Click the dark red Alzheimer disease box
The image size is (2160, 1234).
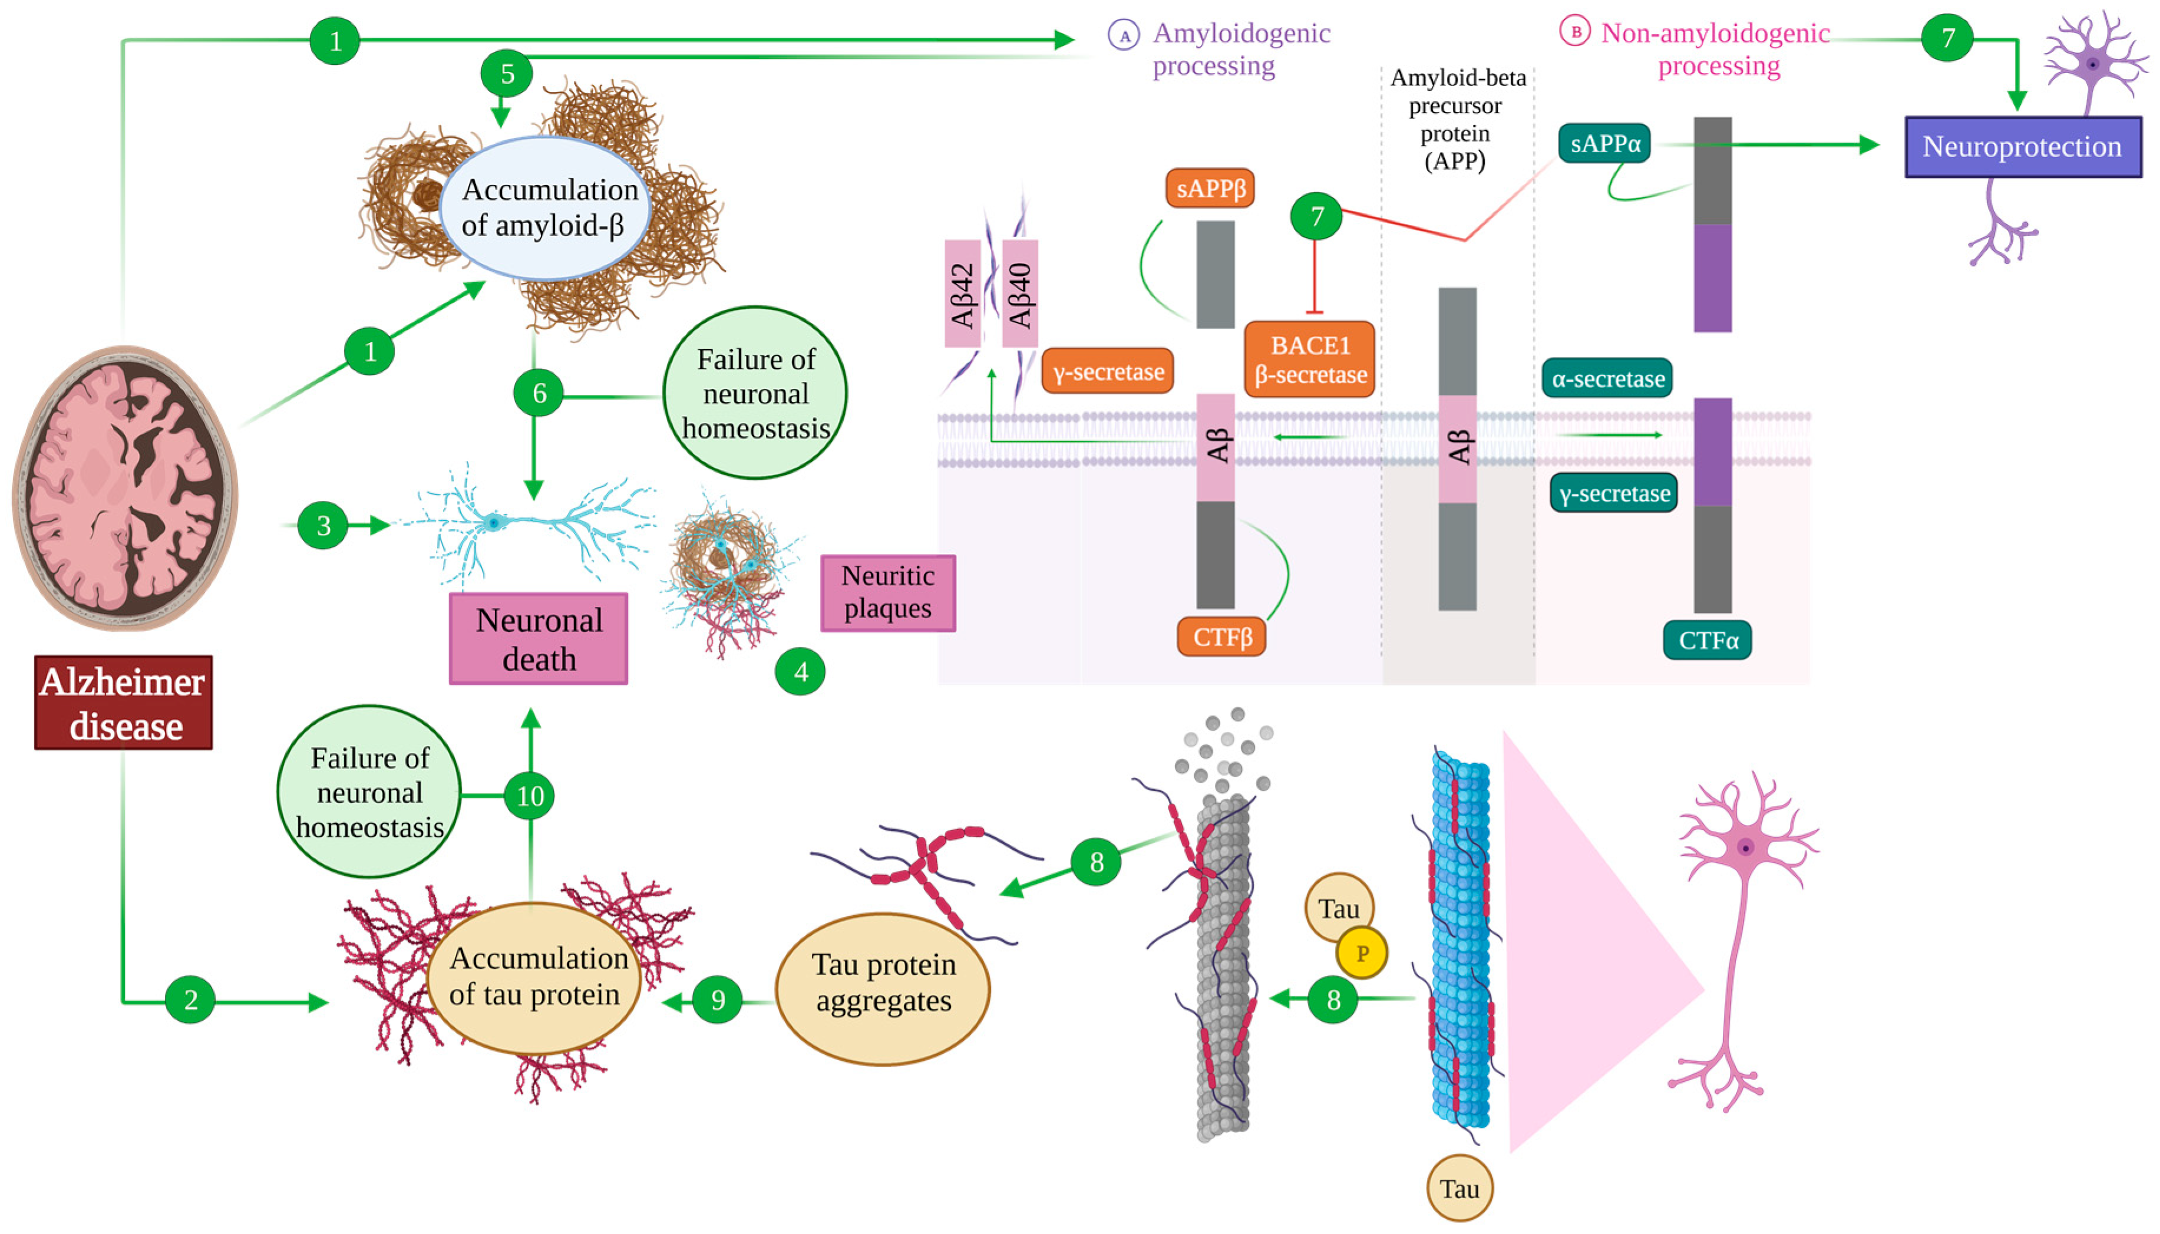[x=124, y=702]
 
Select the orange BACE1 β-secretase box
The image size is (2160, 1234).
[x=1309, y=359]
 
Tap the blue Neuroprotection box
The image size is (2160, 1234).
[x=2023, y=147]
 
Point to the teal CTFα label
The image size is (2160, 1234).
[x=1707, y=640]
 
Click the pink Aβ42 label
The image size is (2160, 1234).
[x=963, y=294]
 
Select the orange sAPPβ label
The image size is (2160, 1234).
[x=1210, y=188]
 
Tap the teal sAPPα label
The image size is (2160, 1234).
[x=1605, y=143]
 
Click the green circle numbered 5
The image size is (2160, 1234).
[x=507, y=74]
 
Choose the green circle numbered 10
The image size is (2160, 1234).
[x=530, y=796]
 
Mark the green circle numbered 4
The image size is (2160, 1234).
[x=800, y=671]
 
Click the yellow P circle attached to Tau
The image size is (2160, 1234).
[x=1362, y=953]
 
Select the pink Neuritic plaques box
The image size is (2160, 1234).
[x=888, y=592]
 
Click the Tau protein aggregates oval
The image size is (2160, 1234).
[x=883, y=988]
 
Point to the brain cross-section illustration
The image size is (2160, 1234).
[x=124, y=487]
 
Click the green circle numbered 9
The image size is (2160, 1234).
[x=718, y=1000]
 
